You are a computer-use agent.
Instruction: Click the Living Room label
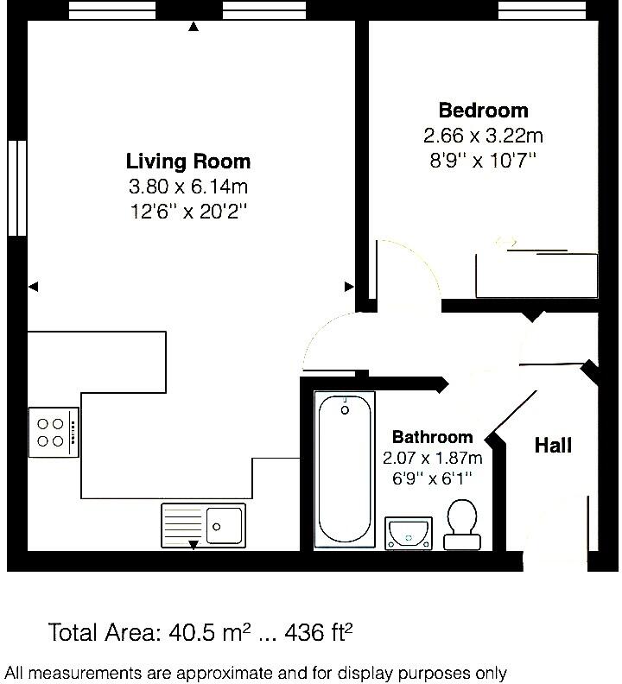pos(188,161)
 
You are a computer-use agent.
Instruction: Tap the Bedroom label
pos(483,111)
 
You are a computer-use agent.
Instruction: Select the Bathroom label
pos(432,437)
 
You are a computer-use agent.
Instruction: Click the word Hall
pos(553,446)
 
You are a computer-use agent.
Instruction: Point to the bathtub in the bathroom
pos(344,471)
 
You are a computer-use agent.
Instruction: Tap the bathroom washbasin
pos(409,532)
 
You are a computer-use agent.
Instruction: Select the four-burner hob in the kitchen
pos(52,432)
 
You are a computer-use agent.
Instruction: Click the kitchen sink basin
pos(225,522)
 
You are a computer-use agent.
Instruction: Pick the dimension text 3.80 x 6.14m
pos(188,187)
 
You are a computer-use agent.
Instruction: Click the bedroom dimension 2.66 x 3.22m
pos(483,136)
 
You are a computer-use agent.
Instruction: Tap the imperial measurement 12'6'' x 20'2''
pos(188,212)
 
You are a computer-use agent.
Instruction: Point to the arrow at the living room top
pos(194,27)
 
